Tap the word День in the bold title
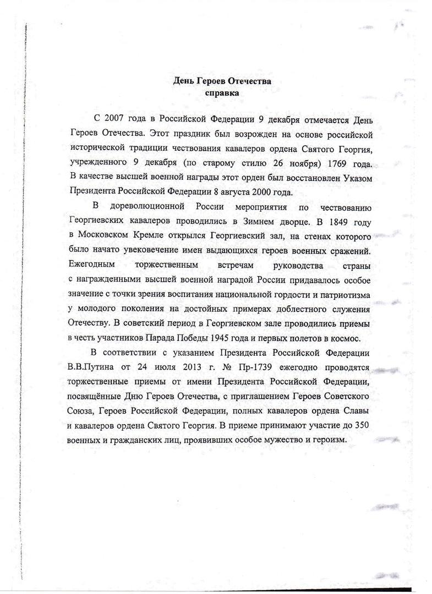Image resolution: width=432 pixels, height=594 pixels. click(184, 81)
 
